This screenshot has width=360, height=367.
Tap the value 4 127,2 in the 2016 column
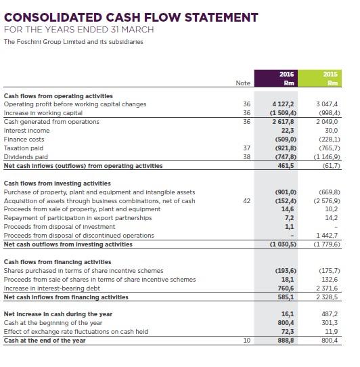tap(284, 104)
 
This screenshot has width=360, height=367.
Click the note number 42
tap(246, 200)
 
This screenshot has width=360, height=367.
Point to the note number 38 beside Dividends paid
tap(246, 156)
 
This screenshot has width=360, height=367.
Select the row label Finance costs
tap(25, 139)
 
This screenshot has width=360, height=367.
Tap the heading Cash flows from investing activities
tap(58, 183)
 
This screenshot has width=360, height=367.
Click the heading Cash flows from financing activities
tap(58, 261)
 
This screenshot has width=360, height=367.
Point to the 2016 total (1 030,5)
tap(283, 244)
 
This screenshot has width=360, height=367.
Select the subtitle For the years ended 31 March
tap(79, 30)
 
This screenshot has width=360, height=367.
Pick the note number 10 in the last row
tap(246, 341)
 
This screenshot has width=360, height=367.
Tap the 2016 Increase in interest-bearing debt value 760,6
tap(286, 288)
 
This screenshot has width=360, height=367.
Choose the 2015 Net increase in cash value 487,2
tap(329, 314)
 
